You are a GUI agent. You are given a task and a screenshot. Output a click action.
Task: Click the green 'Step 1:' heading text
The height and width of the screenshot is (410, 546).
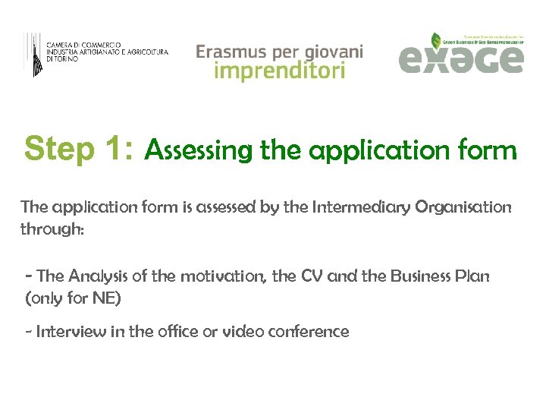pyautogui.click(x=80, y=150)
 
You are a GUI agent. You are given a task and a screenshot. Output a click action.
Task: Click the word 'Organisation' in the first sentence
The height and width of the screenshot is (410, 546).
pyautogui.click(x=463, y=207)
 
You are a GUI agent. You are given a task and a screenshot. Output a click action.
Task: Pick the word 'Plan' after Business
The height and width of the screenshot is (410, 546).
pyautogui.click(x=473, y=277)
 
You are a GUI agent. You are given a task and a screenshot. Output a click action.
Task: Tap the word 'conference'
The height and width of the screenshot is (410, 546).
pyautogui.click(x=308, y=332)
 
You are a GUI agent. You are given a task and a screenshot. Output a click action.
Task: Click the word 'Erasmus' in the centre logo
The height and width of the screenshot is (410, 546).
pyautogui.click(x=231, y=52)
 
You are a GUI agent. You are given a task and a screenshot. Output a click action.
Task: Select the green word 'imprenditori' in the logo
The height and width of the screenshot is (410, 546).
pyautogui.click(x=280, y=71)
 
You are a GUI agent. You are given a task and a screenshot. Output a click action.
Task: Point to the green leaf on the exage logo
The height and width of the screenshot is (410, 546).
pyautogui.click(x=436, y=40)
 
